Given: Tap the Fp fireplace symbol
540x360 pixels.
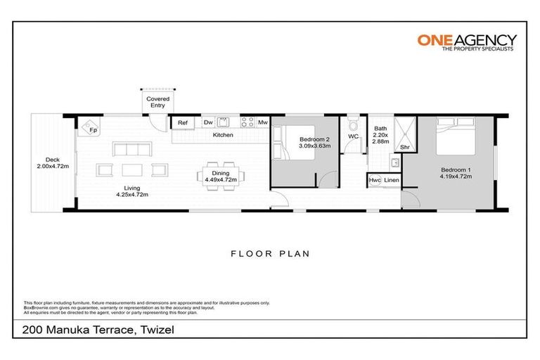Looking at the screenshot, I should tap(91, 129).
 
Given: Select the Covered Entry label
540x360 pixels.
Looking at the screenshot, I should tap(157, 103).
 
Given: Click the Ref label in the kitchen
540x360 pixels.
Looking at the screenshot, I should tap(183, 123).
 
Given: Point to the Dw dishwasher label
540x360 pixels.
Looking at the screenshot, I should tap(208, 123).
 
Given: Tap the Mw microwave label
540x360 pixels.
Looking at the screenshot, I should tap(262, 123).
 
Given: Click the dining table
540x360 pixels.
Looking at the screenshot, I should tap(221, 172).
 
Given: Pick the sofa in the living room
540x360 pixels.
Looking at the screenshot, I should tap(133, 149).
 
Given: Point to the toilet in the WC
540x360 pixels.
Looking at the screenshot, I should tap(353, 126).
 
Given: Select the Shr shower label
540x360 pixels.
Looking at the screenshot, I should tap(404, 148).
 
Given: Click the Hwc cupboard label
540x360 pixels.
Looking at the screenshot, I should tap(375, 181).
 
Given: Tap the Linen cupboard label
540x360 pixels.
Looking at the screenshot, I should tap(392, 181).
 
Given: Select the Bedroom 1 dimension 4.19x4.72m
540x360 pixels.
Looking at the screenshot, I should tap(456, 176).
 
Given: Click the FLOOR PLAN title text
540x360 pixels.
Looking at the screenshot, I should tap(270, 252).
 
